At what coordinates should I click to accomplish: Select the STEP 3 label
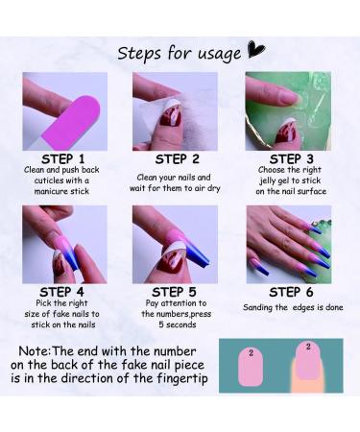(x=288, y=158)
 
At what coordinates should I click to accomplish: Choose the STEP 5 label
(x=178, y=291)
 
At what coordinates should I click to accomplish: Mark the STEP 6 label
(x=288, y=291)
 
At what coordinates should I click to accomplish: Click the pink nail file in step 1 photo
(x=67, y=107)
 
